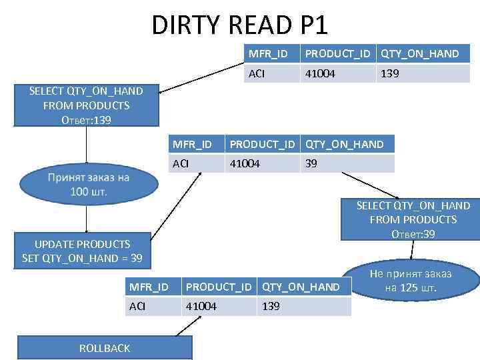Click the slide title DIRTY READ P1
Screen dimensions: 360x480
tap(240, 25)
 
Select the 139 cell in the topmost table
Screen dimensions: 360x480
tap(390, 74)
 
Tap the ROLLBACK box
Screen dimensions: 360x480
tap(105, 348)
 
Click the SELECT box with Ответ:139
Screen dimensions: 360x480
tap(86, 105)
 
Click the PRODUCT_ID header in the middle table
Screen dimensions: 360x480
tap(262, 144)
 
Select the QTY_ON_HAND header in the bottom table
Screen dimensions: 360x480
tap(301, 287)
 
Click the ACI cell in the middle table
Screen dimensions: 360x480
tap(181, 163)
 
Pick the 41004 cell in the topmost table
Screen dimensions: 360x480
tap(320, 74)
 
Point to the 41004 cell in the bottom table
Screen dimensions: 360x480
tap(201, 306)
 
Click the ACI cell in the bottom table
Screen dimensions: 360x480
tap(138, 306)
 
